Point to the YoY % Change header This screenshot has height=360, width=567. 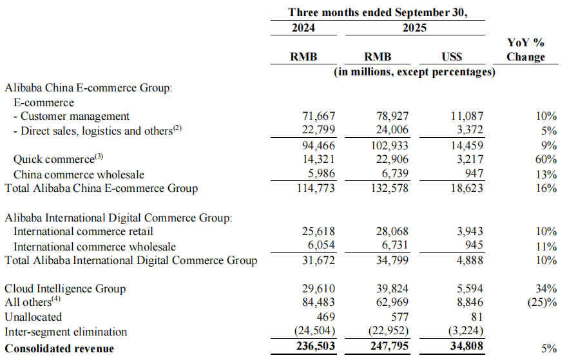coord(525,50)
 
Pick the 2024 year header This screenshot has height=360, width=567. coord(303,28)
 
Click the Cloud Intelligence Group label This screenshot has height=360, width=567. coord(65,289)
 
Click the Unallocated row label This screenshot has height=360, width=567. coord(34,317)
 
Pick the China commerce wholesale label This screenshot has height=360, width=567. coord(79,175)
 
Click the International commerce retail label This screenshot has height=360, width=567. coord(83,231)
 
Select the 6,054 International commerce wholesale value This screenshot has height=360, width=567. coord(318,246)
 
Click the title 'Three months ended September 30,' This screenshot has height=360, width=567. coord(377,12)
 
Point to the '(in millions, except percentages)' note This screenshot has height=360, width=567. coord(414,73)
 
